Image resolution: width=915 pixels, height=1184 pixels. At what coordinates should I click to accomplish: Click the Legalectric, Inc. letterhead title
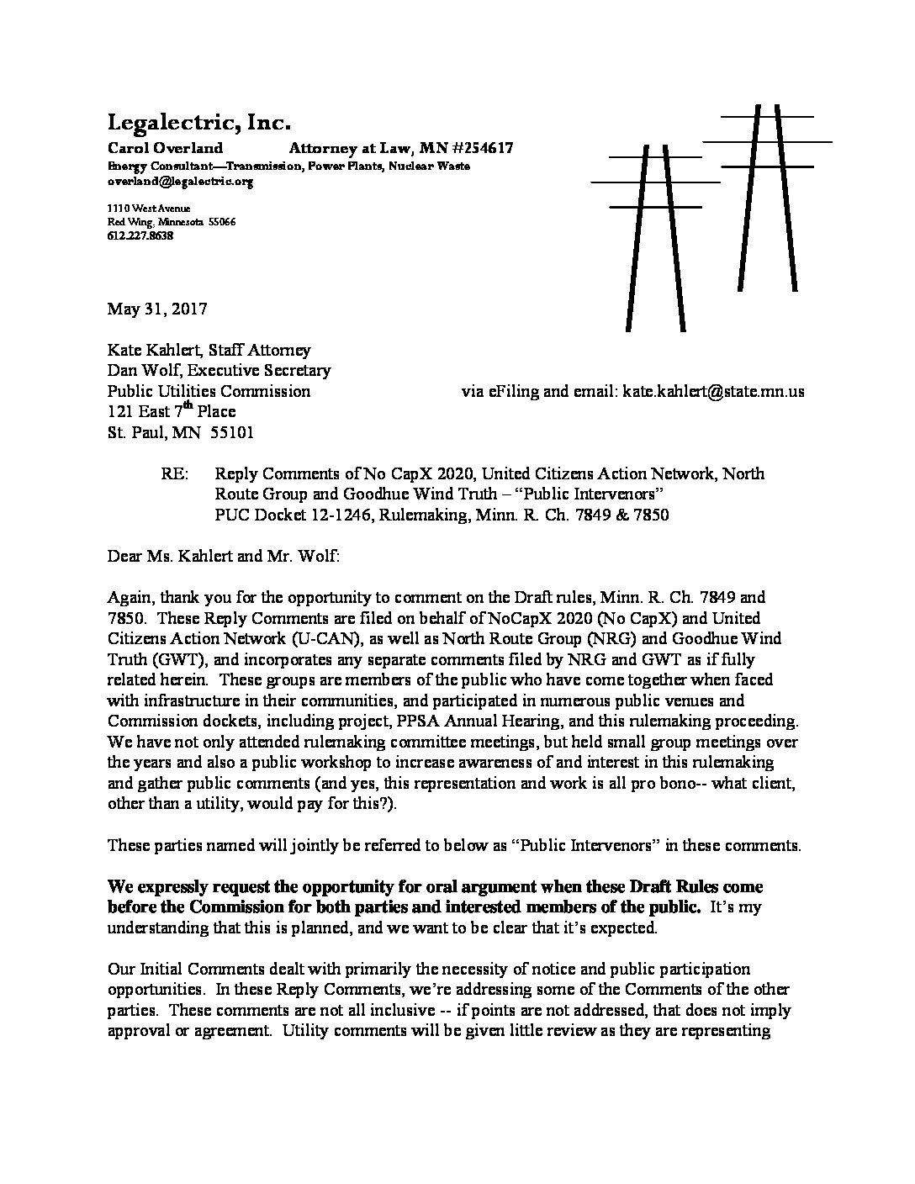click(x=198, y=123)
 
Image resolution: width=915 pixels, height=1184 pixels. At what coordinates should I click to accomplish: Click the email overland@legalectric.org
click(x=180, y=181)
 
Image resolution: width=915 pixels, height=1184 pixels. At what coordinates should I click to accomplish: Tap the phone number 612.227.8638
click(x=140, y=236)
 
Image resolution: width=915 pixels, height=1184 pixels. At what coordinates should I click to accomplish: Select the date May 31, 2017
click(x=157, y=309)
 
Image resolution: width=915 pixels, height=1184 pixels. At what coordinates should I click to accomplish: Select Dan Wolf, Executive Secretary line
click(x=219, y=370)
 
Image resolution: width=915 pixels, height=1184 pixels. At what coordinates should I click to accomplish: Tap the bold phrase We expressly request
click(x=191, y=887)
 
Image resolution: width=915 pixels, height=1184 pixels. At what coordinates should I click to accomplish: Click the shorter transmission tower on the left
click(x=655, y=235)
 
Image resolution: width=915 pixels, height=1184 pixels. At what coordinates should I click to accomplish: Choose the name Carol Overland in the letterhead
click(x=165, y=149)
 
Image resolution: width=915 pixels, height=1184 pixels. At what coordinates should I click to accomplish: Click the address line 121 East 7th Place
click(x=172, y=412)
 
